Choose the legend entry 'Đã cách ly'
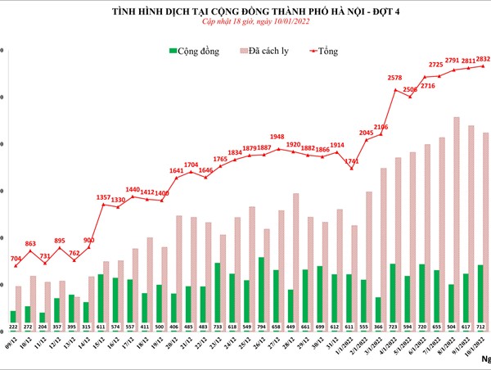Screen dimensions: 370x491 click(271, 51)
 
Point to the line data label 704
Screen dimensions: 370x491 click(16, 259)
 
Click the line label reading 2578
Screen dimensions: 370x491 click(395, 79)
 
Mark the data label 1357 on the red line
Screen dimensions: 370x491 click(103, 197)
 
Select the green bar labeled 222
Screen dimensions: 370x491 click(13, 315)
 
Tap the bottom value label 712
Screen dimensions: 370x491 click(481, 326)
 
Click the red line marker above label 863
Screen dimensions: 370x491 click(30, 250)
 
